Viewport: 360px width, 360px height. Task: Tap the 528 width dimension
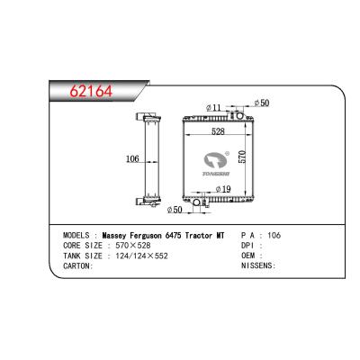pos(217,132)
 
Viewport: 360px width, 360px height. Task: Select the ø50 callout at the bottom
pos(179,209)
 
